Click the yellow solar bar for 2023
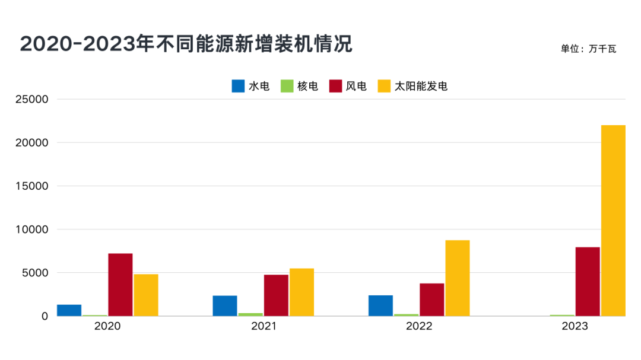(x=613, y=221)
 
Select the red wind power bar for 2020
(x=120, y=285)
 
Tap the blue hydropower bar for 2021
(x=225, y=305)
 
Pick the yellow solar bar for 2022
(x=458, y=278)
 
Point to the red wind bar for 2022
(x=432, y=300)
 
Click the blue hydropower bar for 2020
(x=69, y=310)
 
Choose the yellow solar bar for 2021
(x=302, y=292)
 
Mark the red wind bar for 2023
(x=588, y=282)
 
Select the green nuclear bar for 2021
(x=250, y=314)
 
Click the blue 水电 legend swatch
(x=238, y=86)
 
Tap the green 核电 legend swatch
(x=287, y=86)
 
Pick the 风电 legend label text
(x=356, y=86)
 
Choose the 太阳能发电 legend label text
(x=421, y=86)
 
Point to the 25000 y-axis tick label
(x=31, y=99)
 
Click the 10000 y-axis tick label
(x=31, y=230)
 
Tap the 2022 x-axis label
(x=419, y=327)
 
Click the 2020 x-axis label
(x=107, y=327)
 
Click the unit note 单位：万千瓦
(x=588, y=49)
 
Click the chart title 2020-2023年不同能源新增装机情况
(x=186, y=44)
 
